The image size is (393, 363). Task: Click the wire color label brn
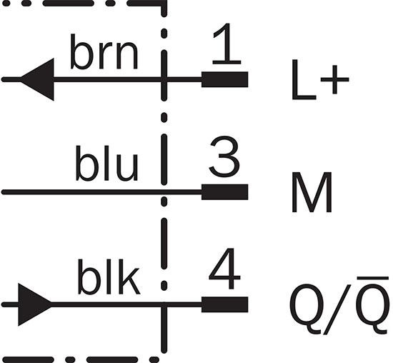[x=104, y=51]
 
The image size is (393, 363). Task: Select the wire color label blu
[x=107, y=163]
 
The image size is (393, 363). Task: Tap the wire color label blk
[x=109, y=277]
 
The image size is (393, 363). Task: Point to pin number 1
[x=227, y=44]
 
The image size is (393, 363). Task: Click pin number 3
[x=224, y=156]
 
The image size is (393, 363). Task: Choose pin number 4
[x=224, y=269]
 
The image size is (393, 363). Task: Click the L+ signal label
[x=320, y=80]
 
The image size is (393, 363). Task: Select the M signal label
[x=312, y=192]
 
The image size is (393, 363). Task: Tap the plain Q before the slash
[x=306, y=309]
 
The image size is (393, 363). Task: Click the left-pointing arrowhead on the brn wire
[x=37, y=79]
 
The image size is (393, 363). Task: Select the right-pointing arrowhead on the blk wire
[x=35, y=304]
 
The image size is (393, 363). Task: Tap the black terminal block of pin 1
[x=225, y=79]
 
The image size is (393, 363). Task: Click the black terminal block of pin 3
[x=225, y=192]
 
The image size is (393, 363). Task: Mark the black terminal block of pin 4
[x=225, y=304]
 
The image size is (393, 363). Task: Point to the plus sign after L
[x=335, y=80]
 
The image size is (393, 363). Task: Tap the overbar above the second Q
[x=373, y=278]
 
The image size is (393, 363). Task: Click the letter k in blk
[x=129, y=277]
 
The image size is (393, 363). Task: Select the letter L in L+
[x=304, y=80]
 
